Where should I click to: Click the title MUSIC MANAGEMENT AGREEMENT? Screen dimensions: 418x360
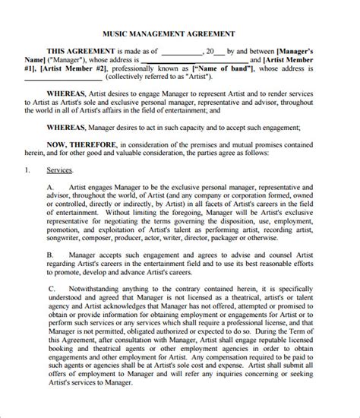coord(179,34)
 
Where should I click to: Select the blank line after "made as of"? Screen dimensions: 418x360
coord(182,52)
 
